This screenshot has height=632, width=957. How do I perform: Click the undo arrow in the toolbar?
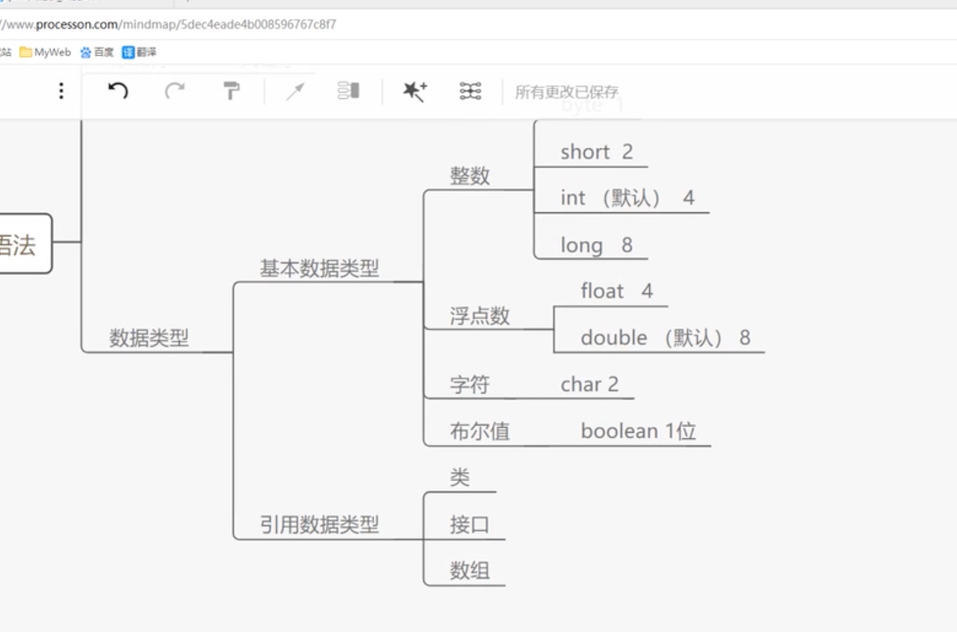click(118, 91)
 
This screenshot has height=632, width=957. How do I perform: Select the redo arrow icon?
click(175, 91)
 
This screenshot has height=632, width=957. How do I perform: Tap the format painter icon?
click(231, 91)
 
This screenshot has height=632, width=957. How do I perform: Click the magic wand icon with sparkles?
click(415, 91)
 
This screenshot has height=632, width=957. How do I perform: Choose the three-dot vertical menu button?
click(61, 91)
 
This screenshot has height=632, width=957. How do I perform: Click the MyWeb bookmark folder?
click(45, 52)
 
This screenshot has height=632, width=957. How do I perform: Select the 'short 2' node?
click(596, 152)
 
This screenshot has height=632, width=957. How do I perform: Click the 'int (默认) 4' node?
click(627, 198)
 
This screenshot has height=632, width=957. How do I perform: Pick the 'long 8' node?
click(596, 245)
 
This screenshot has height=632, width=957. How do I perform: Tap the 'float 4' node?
click(617, 291)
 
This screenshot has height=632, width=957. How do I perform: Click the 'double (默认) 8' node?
click(665, 338)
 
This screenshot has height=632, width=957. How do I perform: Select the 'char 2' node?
click(589, 385)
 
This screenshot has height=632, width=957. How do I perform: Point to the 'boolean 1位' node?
click(638, 431)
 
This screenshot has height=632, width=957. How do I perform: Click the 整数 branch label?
click(470, 176)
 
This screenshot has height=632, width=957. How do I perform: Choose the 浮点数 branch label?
click(480, 316)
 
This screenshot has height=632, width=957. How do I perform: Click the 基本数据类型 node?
click(319, 268)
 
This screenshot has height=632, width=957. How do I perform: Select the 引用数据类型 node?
click(319, 524)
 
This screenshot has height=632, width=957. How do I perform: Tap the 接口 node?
click(470, 524)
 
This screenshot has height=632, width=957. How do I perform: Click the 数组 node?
click(470, 571)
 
